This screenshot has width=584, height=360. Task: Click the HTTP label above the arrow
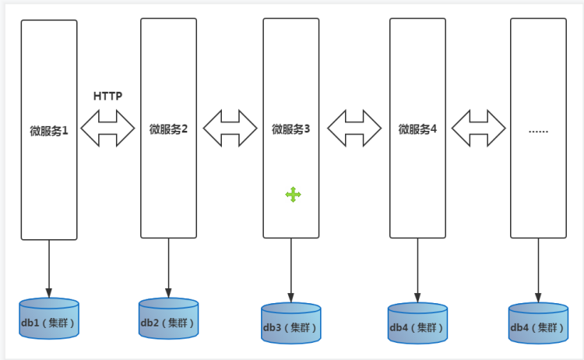point(107,96)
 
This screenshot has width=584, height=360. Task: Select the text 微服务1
point(49,130)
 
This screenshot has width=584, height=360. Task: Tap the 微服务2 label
point(168,129)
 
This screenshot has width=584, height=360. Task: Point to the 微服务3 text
point(290,129)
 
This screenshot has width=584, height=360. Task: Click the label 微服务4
point(417,129)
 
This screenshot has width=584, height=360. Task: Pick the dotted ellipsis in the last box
point(538,130)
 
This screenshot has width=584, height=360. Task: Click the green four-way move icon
point(294,195)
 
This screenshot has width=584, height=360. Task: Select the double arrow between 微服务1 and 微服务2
point(108,128)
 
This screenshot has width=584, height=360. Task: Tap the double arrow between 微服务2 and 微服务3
point(230,128)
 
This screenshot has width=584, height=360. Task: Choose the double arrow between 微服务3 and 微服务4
point(354,128)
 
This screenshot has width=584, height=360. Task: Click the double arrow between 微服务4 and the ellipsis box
point(478,128)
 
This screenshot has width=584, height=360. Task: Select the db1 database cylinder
point(49,319)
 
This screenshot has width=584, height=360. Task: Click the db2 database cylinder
point(168,319)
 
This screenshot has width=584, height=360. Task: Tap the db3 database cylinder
point(290,323)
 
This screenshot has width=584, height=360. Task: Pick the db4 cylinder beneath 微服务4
point(417,323)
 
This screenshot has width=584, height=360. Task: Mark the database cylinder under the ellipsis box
point(538,323)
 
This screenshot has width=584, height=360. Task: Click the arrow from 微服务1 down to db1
point(49,268)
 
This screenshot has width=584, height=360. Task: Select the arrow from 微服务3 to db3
point(290,270)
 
